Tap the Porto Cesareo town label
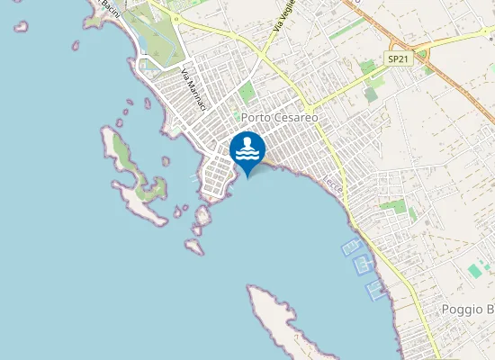coord(279,118)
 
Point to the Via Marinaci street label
coord(193,91)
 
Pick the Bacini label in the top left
coord(110,7)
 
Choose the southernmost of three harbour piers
coord(374,289)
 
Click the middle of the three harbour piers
coord(363,264)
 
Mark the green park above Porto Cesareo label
coord(247,92)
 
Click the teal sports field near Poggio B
coord(474,270)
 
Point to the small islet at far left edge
coord(21,26)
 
